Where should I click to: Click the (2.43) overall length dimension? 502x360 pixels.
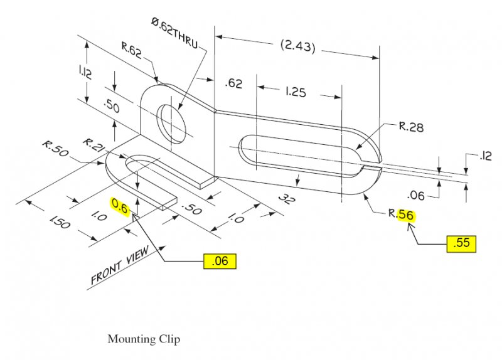tap(298, 47)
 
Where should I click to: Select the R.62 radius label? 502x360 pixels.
tap(132, 48)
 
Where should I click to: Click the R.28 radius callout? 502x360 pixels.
tap(411, 127)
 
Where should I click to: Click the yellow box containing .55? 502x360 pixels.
tap(462, 243)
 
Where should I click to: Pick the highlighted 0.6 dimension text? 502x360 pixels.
tap(119, 205)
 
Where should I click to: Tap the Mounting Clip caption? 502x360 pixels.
tap(144, 339)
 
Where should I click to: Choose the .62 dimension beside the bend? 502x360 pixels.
tap(233, 83)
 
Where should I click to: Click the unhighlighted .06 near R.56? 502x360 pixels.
tap(415, 196)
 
